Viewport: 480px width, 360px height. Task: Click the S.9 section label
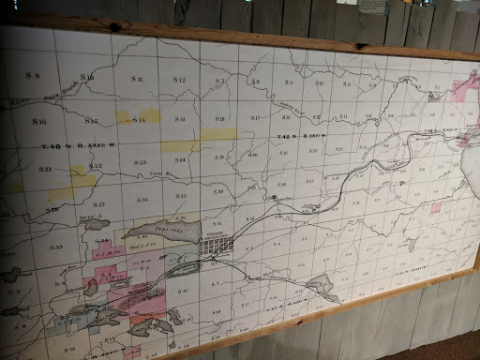pyautogui.click(x=35, y=73)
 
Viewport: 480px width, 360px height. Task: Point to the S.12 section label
pyautogui.click(x=179, y=82)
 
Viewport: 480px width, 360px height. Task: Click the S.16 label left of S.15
pyautogui.click(x=38, y=122)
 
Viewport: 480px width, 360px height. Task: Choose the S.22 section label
pyautogui.click(x=96, y=166)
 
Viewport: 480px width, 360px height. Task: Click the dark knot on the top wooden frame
pyautogui.click(x=123, y=25)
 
